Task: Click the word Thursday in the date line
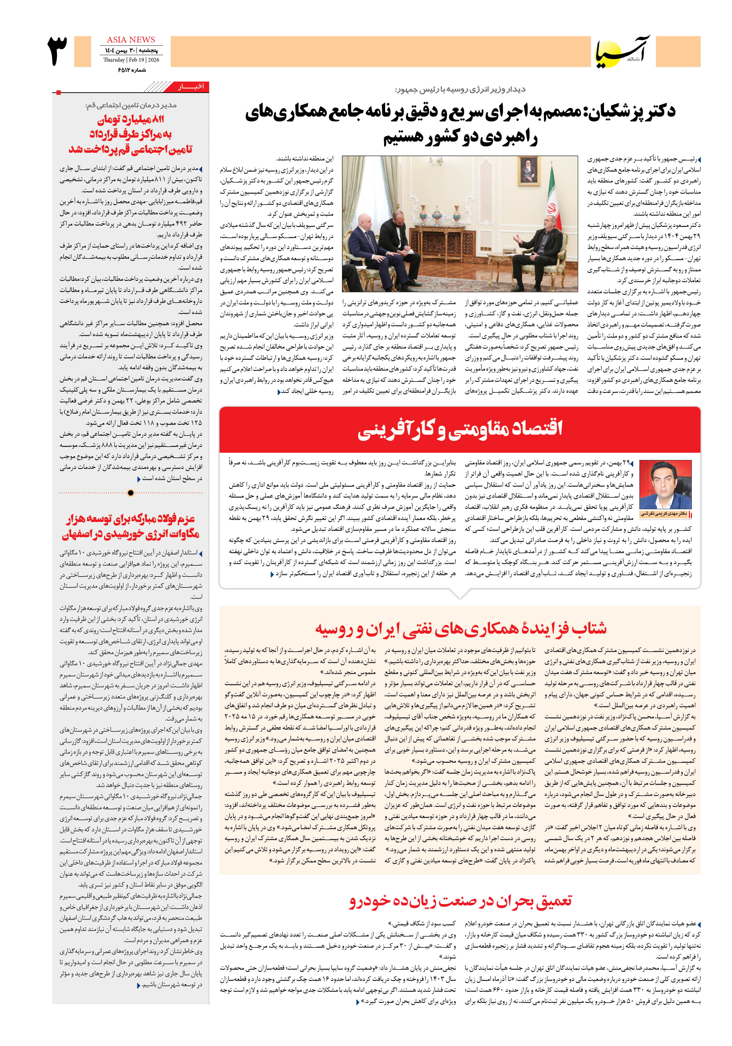point(114,60)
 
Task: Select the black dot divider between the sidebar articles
point(131,493)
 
